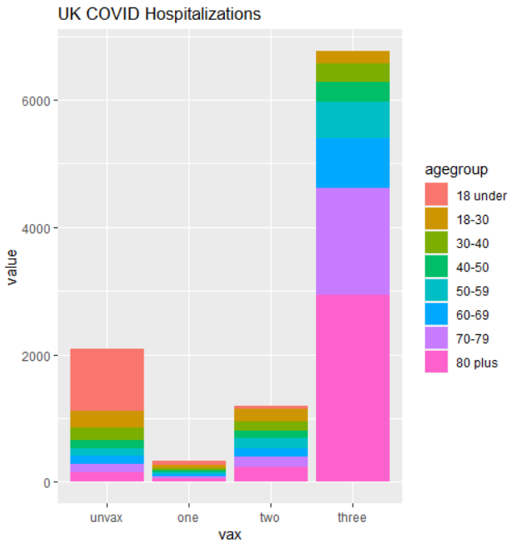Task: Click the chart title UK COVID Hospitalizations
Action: coord(158,14)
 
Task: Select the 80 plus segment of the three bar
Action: coord(353,387)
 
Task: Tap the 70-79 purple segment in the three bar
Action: coord(353,241)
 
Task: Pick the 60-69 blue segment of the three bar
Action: coord(353,163)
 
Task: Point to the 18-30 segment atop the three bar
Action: coord(353,57)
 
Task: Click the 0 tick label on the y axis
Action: coord(46,483)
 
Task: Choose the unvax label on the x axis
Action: coord(107,518)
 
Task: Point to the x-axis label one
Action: coord(188,518)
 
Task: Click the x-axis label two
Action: coord(270,518)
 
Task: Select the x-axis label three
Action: coord(353,518)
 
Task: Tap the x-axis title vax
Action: coord(230,535)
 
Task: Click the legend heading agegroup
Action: coord(455,170)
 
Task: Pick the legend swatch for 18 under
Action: coord(436,195)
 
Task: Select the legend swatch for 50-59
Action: coord(436,290)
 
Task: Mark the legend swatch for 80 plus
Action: coord(436,362)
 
